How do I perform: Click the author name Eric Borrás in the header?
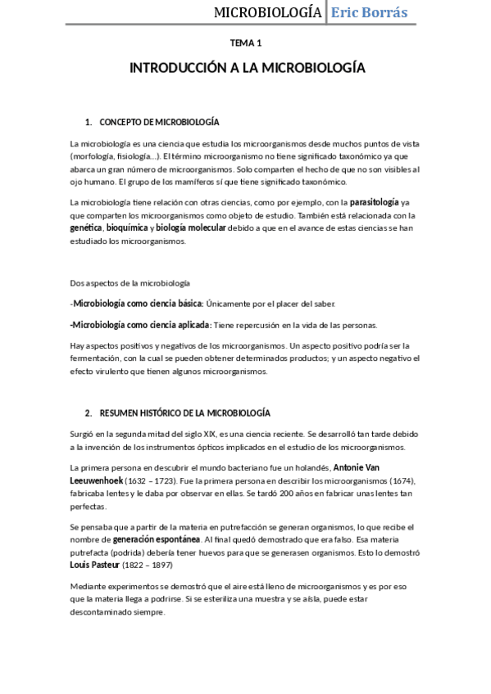click(x=368, y=12)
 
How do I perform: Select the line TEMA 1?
click(x=246, y=43)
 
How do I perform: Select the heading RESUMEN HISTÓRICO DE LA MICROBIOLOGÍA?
click(x=184, y=412)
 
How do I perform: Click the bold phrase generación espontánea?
click(x=157, y=540)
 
